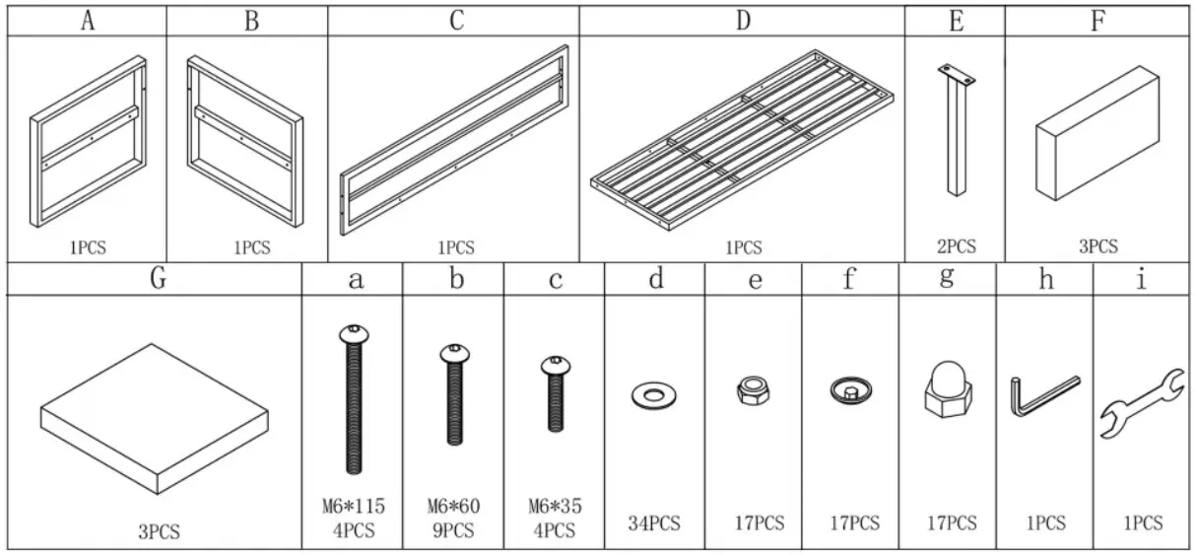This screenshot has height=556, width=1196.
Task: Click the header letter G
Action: pyautogui.click(x=158, y=279)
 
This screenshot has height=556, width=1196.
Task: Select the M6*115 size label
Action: pyautogui.click(x=353, y=507)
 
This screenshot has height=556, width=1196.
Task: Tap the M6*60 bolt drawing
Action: pyautogui.click(x=454, y=395)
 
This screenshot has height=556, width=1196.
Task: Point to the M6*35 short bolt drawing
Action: pyautogui.click(x=554, y=393)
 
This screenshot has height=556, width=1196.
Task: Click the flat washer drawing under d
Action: pyautogui.click(x=653, y=396)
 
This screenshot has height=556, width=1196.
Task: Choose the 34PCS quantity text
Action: pyautogui.click(x=654, y=523)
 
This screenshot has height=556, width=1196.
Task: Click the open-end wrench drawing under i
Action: pyautogui.click(x=1141, y=402)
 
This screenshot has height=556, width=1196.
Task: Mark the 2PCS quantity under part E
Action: pyautogui.click(x=955, y=246)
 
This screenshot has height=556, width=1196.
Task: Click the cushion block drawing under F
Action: pyautogui.click(x=1096, y=133)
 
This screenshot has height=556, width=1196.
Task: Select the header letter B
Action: pyautogui.click(x=251, y=21)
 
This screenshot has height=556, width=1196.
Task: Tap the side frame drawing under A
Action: pyautogui.click(x=88, y=142)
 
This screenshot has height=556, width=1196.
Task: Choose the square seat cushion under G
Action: pyautogui.click(x=155, y=420)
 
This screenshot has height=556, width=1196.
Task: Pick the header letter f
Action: pyautogui.click(x=849, y=280)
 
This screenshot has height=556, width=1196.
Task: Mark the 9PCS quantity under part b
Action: pyautogui.click(x=453, y=530)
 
